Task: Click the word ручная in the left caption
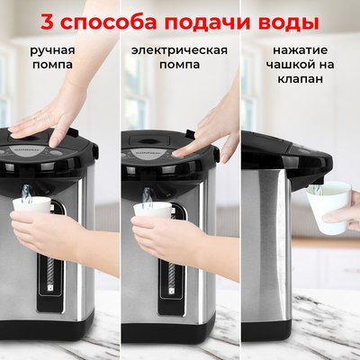point(51,49)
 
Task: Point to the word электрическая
point(179,49)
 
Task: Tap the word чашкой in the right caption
point(287,65)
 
